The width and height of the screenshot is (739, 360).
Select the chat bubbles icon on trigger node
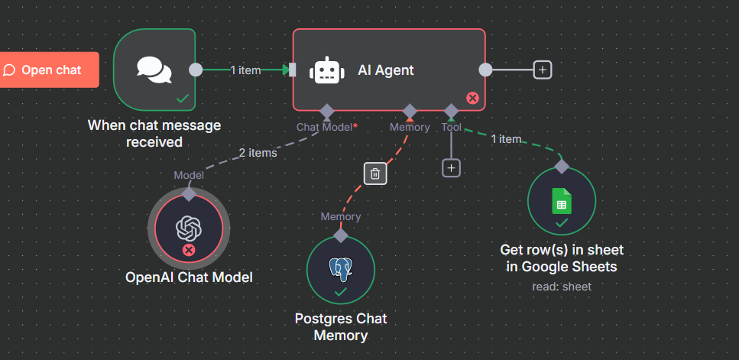pyautogui.click(x=154, y=70)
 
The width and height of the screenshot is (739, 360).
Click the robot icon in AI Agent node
pyautogui.click(x=326, y=71)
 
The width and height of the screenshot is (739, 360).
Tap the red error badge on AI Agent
pyautogui.click(x=472, y=98)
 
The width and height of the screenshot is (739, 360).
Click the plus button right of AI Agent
pyautogui.click(x=543, y=70)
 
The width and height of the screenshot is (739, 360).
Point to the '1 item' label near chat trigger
pyautogui.click(x=245, y=70)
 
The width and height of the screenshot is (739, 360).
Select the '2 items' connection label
pyautogui.click(x=258, y=153)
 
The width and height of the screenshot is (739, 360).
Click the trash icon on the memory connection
pyautogui.click(x=374, y=174)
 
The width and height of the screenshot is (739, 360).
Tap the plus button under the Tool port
pyautogui.click(x=451, y=167)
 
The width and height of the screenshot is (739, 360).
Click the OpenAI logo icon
pyautogui.click(x=188, y=227)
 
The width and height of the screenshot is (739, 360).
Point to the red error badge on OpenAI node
pyautogui.click(x=189, y=250)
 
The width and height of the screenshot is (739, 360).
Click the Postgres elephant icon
pyautogui.click(x=340, y=268)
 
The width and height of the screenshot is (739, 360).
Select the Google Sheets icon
pyautogui.click(x=562, y=201)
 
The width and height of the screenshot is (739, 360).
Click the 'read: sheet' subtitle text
pyautogui.click(x=562, y=287)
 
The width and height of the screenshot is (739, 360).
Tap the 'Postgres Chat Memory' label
pyautogui.click(x=341, y=326)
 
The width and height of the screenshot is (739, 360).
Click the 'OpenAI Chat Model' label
pyautogui.click(x=189, y=277)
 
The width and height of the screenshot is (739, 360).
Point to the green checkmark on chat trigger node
pyautogui.click(x=183, y=98)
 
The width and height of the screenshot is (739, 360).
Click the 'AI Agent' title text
pyautogui.click(x=386, y=70)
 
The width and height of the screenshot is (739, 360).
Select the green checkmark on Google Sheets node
pyautogui.click(x=562, y=222)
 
